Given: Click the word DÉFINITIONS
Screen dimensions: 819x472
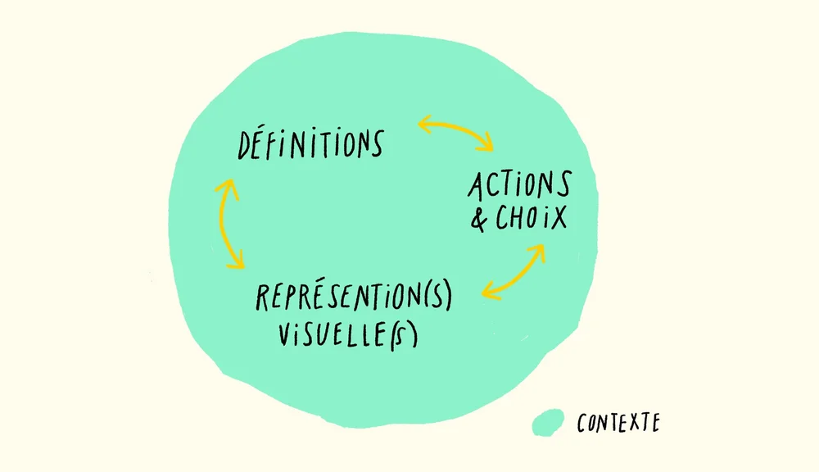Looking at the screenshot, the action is point(310,144).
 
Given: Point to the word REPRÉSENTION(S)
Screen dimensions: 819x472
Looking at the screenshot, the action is point(353,297).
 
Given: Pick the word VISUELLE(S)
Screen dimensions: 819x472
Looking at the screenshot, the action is point(348,334).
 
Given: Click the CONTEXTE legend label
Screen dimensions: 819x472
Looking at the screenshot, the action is point(618,423).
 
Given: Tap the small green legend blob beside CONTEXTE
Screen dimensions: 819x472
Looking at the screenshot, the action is point(548,422).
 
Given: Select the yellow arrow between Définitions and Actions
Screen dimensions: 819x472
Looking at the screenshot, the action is point(455,134).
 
